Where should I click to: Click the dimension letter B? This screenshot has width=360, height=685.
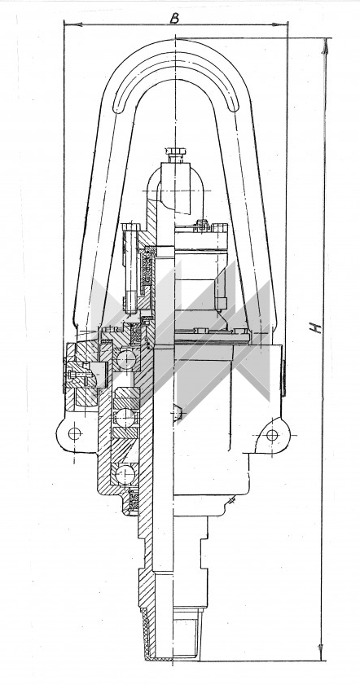(x=175, y=18)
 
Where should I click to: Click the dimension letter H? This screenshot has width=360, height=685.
(x=316, y=327)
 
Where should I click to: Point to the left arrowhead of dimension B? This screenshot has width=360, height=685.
(x=73, y=24)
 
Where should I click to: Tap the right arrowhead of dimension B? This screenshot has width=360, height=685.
(x=279, y=24)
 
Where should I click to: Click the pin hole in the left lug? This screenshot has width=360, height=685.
(x=75, y=433)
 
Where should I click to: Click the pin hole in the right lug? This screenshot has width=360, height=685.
(x=272, y=435)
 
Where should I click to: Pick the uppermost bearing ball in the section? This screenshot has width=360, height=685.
(x=126, y=360)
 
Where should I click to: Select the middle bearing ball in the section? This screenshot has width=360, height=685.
(x=125, y=418)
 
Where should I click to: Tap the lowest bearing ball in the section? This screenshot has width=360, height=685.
(x=125, y=474)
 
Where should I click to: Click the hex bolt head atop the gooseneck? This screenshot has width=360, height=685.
(x=177, y=154)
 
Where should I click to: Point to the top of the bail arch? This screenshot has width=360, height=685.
(x=176, y=40)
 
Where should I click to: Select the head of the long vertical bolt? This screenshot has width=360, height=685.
(x=130, y=226)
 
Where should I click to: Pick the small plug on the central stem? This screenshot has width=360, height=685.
(x=178, y=413)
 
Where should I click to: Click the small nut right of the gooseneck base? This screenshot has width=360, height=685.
(x=203, y=224)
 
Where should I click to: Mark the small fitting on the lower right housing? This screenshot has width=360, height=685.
(x=231, y=500)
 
